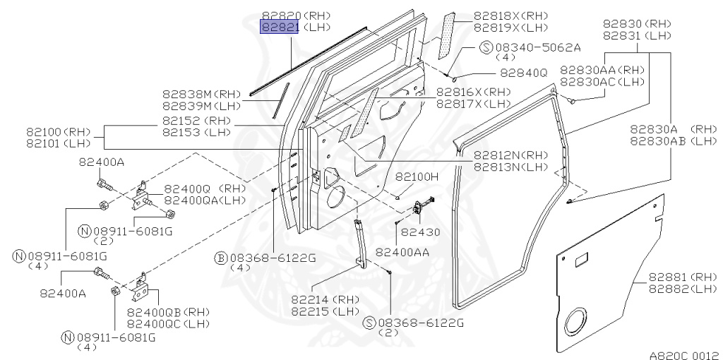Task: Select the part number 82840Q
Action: coord(523,72)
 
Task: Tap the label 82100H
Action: coord(416,176)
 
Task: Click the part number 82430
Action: coord(420,231)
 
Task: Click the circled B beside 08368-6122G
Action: coord(220,258)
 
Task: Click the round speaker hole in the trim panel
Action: coord(583,320)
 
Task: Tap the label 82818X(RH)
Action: coord(501,16)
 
